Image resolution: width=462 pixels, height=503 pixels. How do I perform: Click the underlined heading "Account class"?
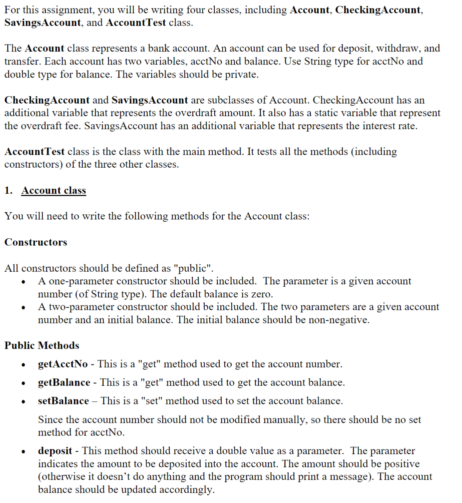click(x=53, y=191)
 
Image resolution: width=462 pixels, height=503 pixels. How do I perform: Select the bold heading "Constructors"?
click(x=36, y=242)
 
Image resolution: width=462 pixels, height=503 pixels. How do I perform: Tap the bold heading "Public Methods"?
click(x=42, y=345)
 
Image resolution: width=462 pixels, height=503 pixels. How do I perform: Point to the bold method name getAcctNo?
click(x=63, y=364)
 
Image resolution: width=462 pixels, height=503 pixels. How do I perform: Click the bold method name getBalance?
click(x=64, y=383)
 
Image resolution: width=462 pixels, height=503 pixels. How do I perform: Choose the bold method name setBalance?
click(x=63, y=401)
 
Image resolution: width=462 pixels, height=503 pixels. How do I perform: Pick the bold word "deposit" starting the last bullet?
click(x=55, y=451)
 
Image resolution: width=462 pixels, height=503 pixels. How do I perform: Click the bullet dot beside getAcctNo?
click(x=24, y=365)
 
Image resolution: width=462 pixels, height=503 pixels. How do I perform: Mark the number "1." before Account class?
click(x=8, y=191)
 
